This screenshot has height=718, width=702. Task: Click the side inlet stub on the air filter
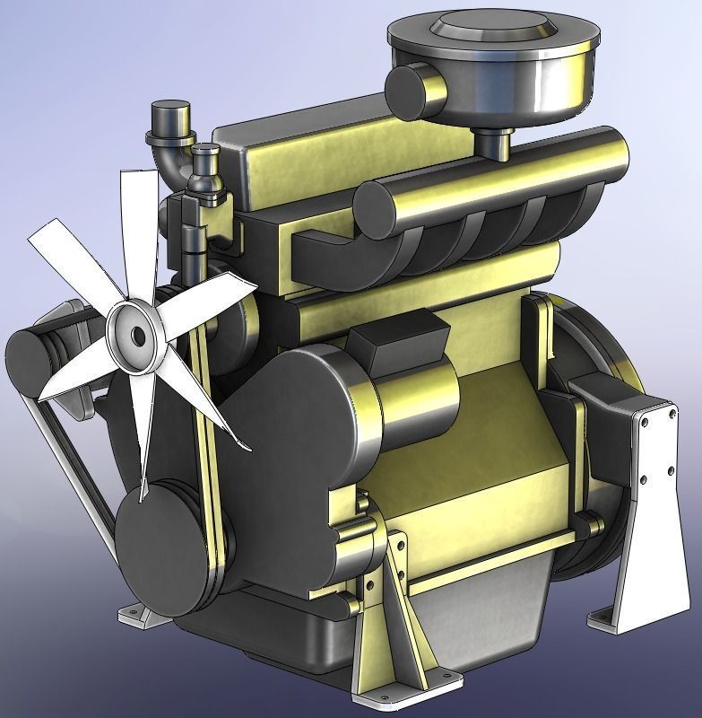[x=413, y=89]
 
